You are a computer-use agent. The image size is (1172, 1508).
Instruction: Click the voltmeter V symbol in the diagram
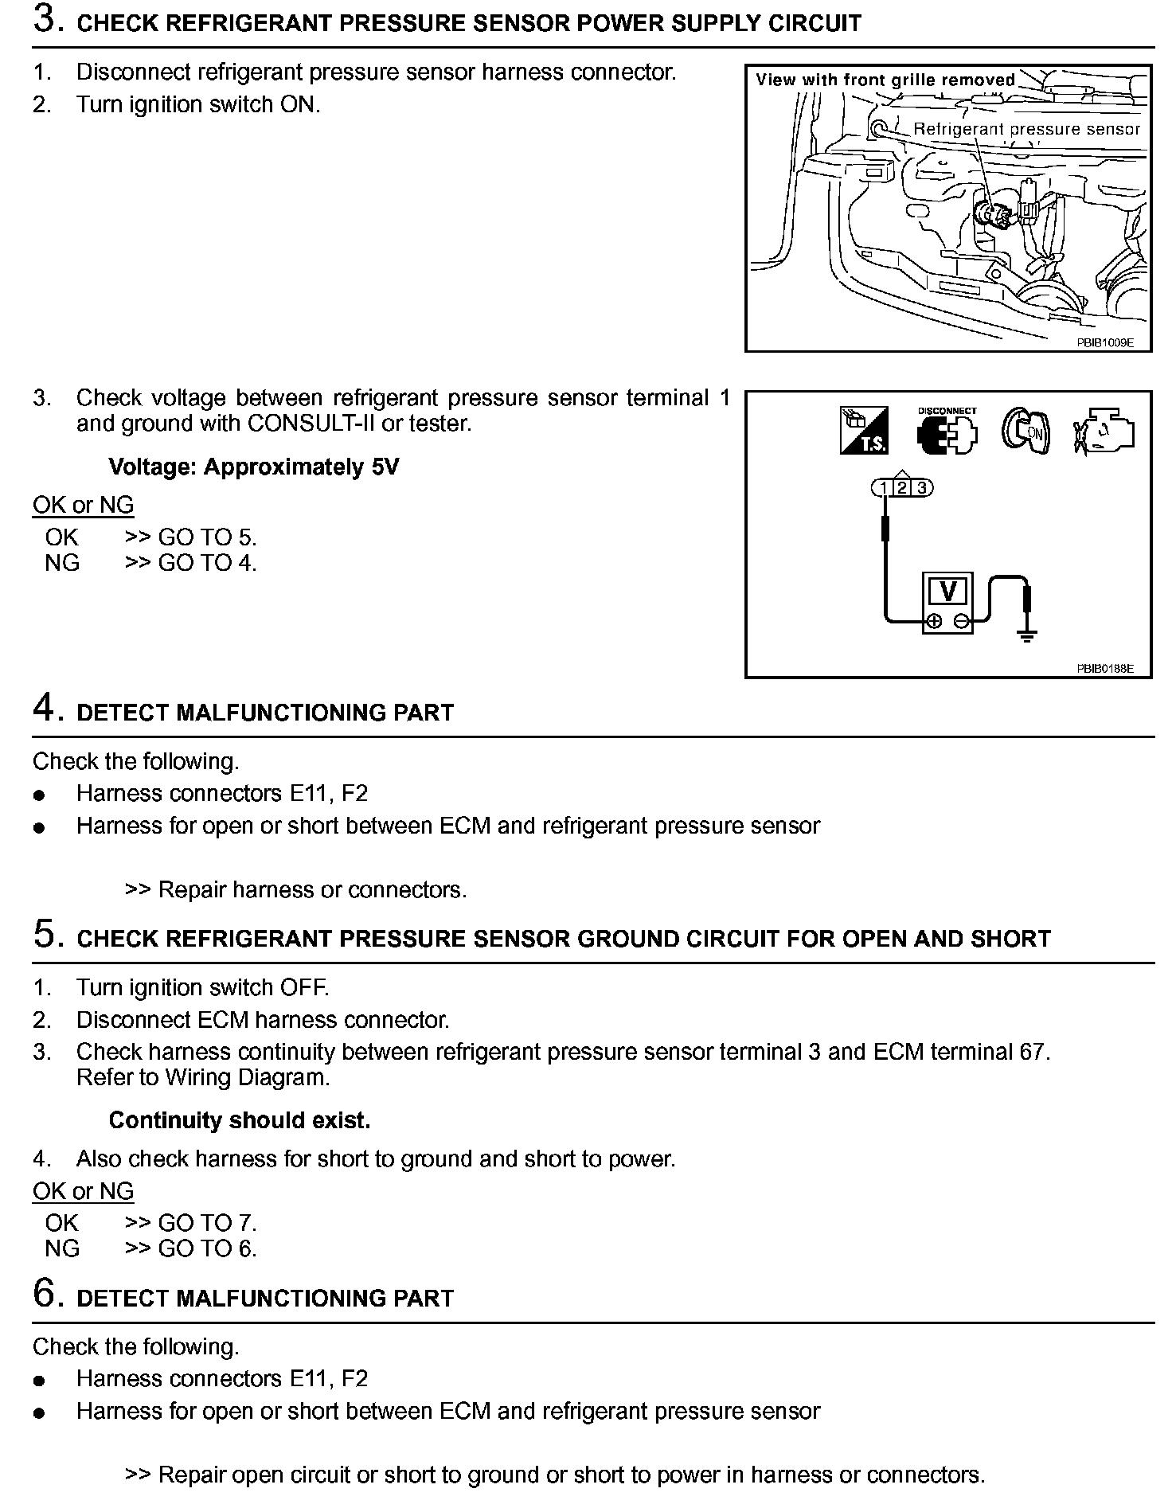947,592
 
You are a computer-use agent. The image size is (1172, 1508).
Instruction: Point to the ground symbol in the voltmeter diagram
1027,635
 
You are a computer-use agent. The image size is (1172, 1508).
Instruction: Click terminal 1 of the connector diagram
885,488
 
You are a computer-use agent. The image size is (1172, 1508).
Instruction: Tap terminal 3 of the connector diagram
921,488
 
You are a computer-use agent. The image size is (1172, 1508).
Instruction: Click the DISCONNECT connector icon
947,431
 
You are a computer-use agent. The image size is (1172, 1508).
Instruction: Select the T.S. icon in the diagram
864,431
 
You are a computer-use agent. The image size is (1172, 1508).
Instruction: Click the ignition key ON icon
1025,431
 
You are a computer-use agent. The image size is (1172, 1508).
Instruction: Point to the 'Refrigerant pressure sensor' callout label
1026,129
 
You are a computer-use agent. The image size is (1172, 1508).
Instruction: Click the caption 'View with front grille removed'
885,80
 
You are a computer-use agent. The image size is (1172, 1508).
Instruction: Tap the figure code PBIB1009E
1104,342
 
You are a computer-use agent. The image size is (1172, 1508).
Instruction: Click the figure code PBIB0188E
1104,669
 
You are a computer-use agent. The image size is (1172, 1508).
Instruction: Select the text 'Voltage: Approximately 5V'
253,467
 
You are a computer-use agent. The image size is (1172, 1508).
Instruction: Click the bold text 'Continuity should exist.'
240,1120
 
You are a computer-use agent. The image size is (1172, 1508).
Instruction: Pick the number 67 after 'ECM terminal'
1031,1052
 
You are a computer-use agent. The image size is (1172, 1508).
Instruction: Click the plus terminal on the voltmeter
935,621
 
